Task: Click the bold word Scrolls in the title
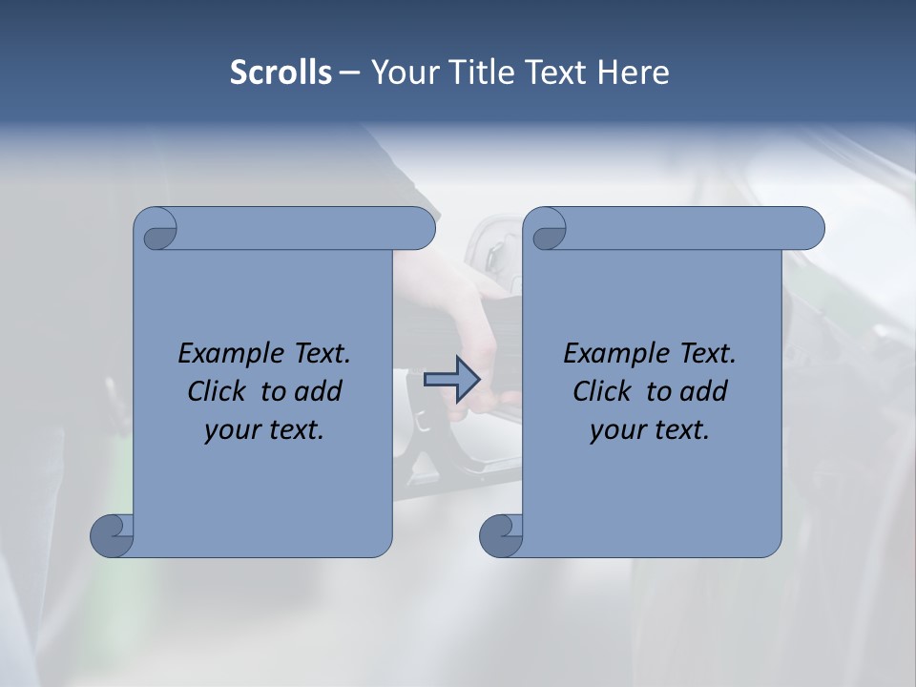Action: click(x=281, y=73)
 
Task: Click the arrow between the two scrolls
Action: click(x=451, y=380)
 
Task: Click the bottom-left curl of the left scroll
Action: click(x=113, y=535)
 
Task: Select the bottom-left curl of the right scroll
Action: click(x=501, y=535)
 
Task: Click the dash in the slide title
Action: click(x=349, y=73)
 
